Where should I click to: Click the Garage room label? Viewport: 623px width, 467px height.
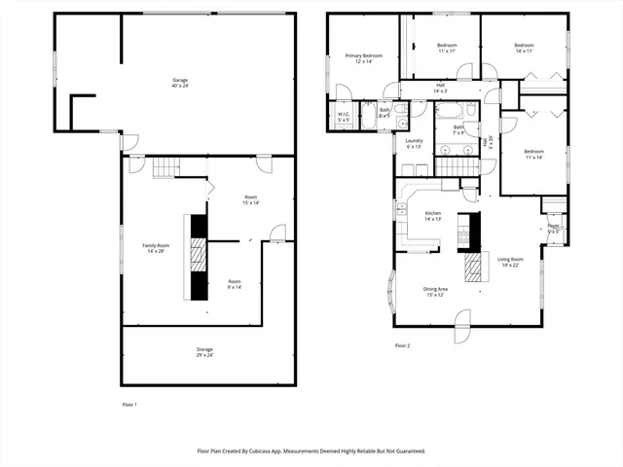[180, 82]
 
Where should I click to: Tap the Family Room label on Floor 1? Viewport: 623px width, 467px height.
[157, 248]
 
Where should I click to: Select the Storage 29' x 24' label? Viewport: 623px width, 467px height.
[204, 352]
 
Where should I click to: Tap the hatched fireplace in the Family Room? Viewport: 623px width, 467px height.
[199, 257]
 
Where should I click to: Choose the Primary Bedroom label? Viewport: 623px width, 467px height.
[363, 58]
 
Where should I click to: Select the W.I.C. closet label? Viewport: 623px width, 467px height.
[344, 117]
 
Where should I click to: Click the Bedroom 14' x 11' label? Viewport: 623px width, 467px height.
[524, 48]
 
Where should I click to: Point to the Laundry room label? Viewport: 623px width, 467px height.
[413, 143]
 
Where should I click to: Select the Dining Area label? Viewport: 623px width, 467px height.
[434, 291]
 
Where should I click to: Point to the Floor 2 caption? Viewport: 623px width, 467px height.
[403, 345]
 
